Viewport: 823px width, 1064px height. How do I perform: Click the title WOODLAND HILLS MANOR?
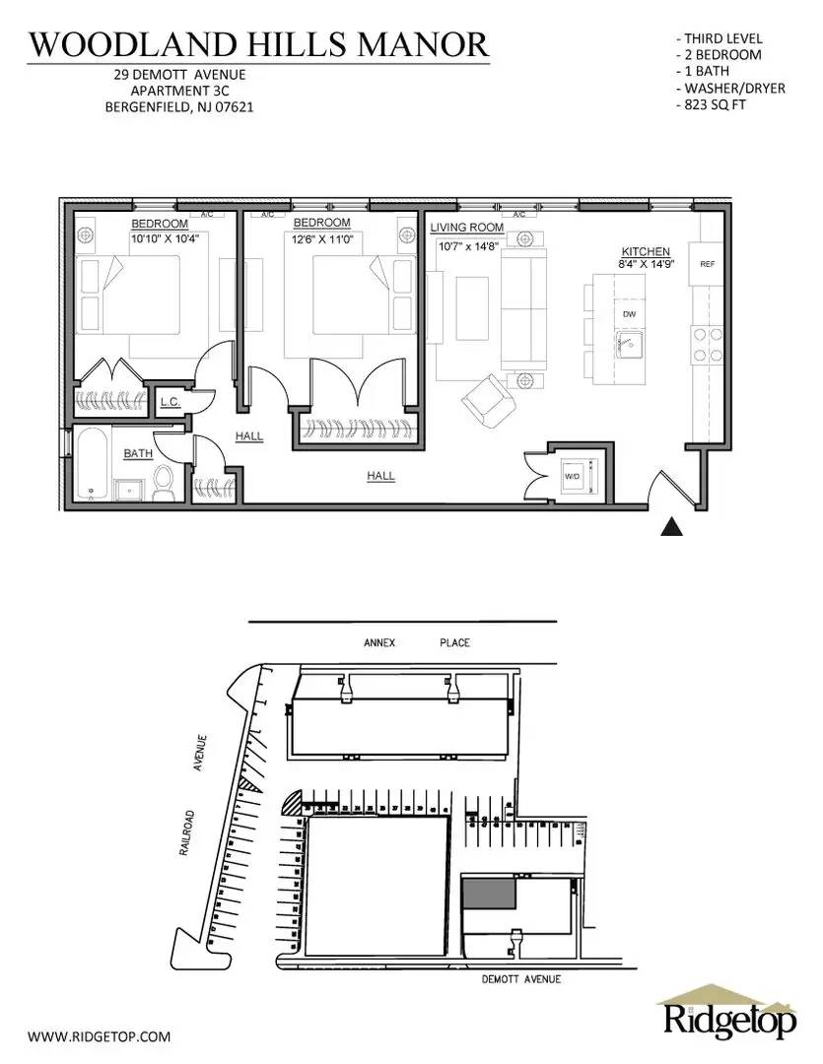coord(258,44)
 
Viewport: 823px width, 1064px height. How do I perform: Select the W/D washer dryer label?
coord(572,476)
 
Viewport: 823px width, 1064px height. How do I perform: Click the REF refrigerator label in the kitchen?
coord(707,265)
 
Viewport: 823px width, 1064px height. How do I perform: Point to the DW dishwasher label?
coord(628,313)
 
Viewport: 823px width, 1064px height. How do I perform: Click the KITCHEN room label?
coord(645,252)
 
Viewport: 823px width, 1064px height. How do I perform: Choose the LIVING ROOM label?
coord(466,228)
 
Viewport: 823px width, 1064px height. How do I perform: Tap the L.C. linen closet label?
coord(169,402)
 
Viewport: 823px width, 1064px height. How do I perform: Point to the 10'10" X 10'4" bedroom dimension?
coord(165,237)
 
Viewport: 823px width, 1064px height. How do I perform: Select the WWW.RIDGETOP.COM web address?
coord(99,1036)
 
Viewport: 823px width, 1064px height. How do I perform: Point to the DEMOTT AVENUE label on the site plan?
coord(521,979)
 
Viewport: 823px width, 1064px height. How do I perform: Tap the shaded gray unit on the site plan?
coord(490,893)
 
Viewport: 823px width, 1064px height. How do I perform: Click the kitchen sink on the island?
coord(629,345)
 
